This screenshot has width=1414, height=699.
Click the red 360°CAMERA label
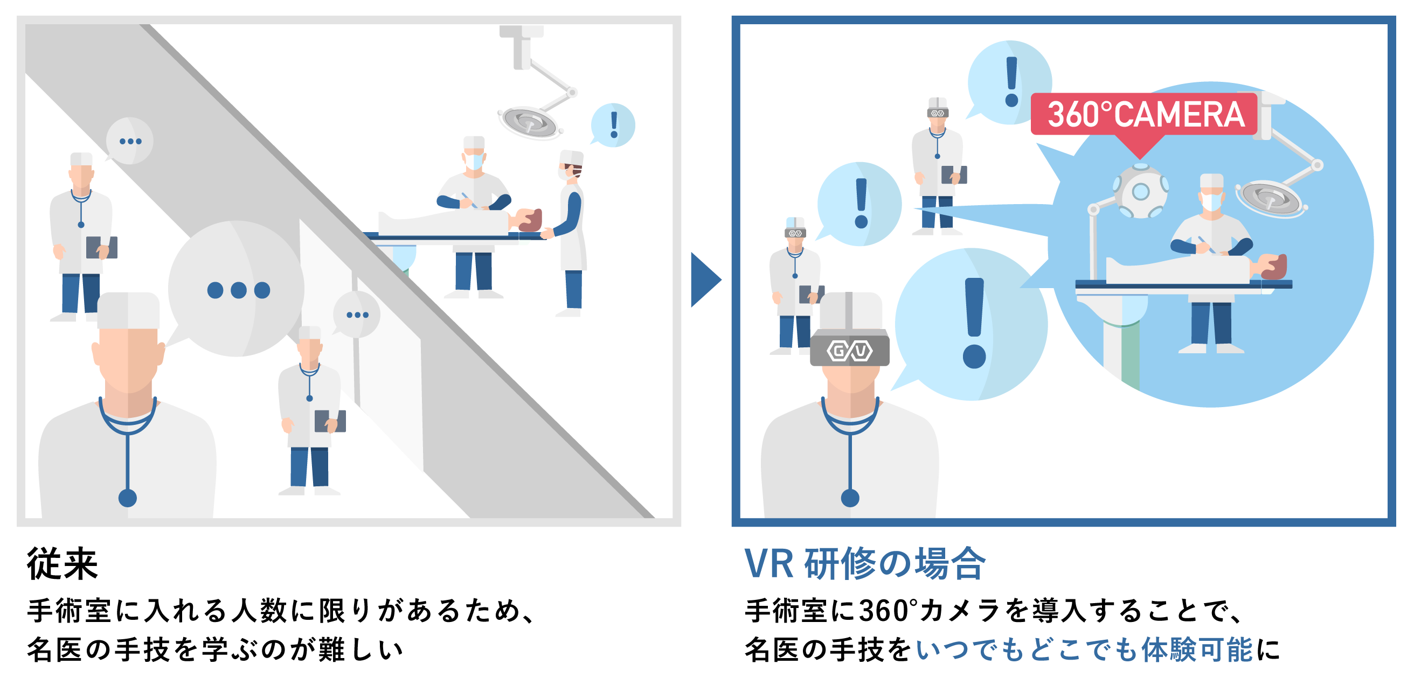1145,114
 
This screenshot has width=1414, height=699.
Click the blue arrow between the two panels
705,279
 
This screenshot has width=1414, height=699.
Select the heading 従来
63,563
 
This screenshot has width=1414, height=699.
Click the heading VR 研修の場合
864,563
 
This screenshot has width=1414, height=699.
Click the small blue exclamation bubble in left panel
613,125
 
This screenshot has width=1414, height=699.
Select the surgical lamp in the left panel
529,122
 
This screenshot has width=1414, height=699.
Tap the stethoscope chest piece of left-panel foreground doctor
127,498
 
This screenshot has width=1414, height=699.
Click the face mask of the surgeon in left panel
474,162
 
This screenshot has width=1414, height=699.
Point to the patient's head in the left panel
529,220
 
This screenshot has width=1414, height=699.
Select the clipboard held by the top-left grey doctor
101,247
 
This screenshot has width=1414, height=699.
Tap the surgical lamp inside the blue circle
1271,198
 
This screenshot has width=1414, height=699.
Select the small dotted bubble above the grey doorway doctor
357,314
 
